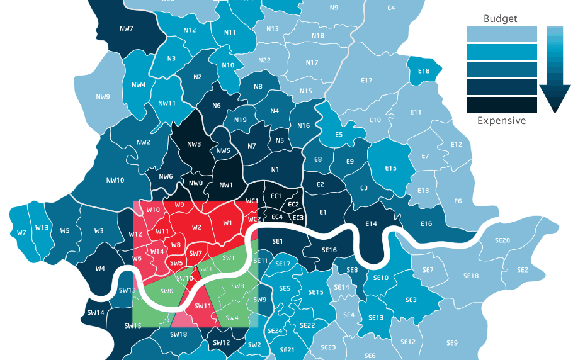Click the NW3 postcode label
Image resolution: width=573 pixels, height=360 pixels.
[194, 144]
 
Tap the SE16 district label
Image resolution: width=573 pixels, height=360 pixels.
[329, 250]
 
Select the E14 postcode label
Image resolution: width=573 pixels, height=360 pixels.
[371, 223]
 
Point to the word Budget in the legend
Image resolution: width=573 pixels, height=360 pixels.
[500, 19]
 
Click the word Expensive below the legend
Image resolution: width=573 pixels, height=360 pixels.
[501, 121]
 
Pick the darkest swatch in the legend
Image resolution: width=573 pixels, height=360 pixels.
[501, 104]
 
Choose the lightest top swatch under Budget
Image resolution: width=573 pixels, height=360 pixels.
[501, 34]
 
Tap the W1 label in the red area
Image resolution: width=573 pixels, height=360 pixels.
[227, 223]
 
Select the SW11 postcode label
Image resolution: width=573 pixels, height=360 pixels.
[203, 306]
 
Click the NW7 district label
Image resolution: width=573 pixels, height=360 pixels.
[126, 28]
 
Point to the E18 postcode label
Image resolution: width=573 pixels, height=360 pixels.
[423, 71]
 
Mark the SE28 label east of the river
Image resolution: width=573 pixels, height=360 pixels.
[502, 240]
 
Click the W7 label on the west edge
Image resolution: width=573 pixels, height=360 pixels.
[21, 232]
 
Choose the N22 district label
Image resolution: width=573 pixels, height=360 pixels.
[264, 60]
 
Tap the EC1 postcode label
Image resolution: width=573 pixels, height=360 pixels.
[275, 196]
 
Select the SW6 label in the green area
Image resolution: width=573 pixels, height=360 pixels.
[167, 291]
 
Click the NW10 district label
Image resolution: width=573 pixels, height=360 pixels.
[115, 180]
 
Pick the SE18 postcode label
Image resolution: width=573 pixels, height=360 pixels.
[471, 276]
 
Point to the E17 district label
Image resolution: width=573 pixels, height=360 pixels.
[367, 81]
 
